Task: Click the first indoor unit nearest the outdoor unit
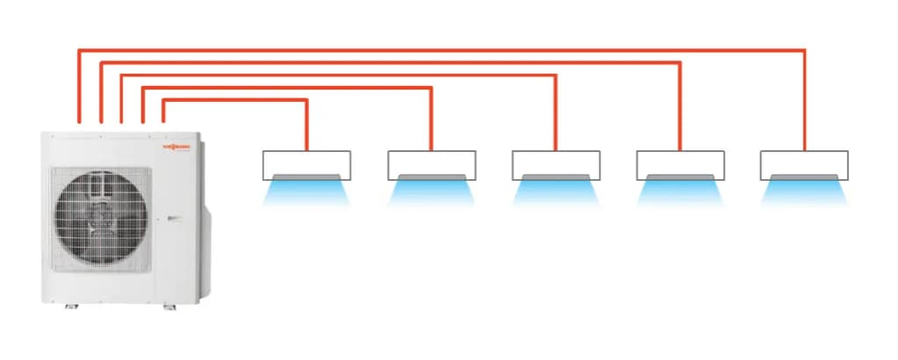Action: [306, 164]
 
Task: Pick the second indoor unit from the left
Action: [431, 164]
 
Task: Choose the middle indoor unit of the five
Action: [556, 164]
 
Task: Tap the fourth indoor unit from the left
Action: [680, 164]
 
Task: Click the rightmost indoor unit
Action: [804, 164]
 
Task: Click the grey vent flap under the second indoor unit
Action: [431, 177]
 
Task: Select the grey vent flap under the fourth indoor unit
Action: [680, 177]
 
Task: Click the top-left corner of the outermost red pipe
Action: [80, 51]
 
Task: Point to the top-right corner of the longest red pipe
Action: [804, 51]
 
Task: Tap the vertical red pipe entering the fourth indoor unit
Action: [680, 105]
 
